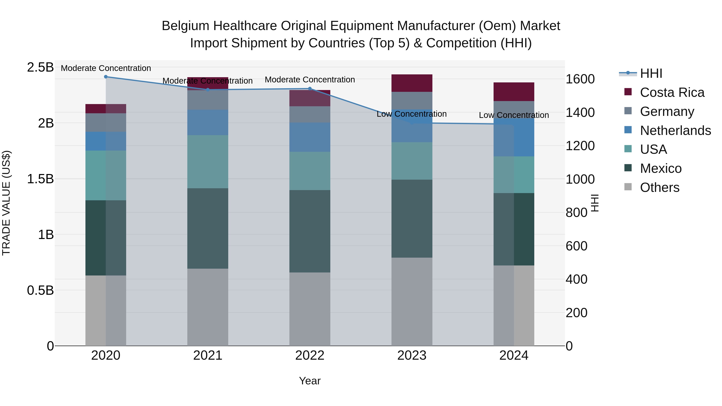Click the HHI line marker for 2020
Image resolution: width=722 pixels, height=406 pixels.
click(106, 77)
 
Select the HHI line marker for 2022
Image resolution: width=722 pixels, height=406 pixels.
click(310, 89)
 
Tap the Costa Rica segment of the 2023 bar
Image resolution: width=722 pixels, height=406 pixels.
click(412, 83)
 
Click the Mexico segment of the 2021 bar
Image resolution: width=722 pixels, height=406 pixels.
click(208, 228)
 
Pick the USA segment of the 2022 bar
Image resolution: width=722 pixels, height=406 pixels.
click(310, 171)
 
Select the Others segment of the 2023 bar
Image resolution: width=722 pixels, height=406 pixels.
click(412, 302)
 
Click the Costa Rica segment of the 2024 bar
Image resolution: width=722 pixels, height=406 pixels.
click(514, 92)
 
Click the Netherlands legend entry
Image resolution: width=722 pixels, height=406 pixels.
click(675, 131)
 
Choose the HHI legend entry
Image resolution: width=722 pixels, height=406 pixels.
click(651, 73)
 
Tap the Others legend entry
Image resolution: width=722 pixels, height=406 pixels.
click(659, 187)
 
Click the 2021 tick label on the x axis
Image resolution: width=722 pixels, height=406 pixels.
click(208, 355)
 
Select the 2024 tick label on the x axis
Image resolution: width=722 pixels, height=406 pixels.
click(514, 355)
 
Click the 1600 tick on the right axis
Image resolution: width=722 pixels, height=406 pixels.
click(580, 79)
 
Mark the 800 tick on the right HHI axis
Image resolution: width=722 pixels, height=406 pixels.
click(576, 213)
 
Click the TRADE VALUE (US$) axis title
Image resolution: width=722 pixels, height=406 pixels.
click(6, 203)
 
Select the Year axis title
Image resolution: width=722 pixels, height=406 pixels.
click(310, 381)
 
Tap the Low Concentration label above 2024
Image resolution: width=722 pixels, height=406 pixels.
click(514, 115)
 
